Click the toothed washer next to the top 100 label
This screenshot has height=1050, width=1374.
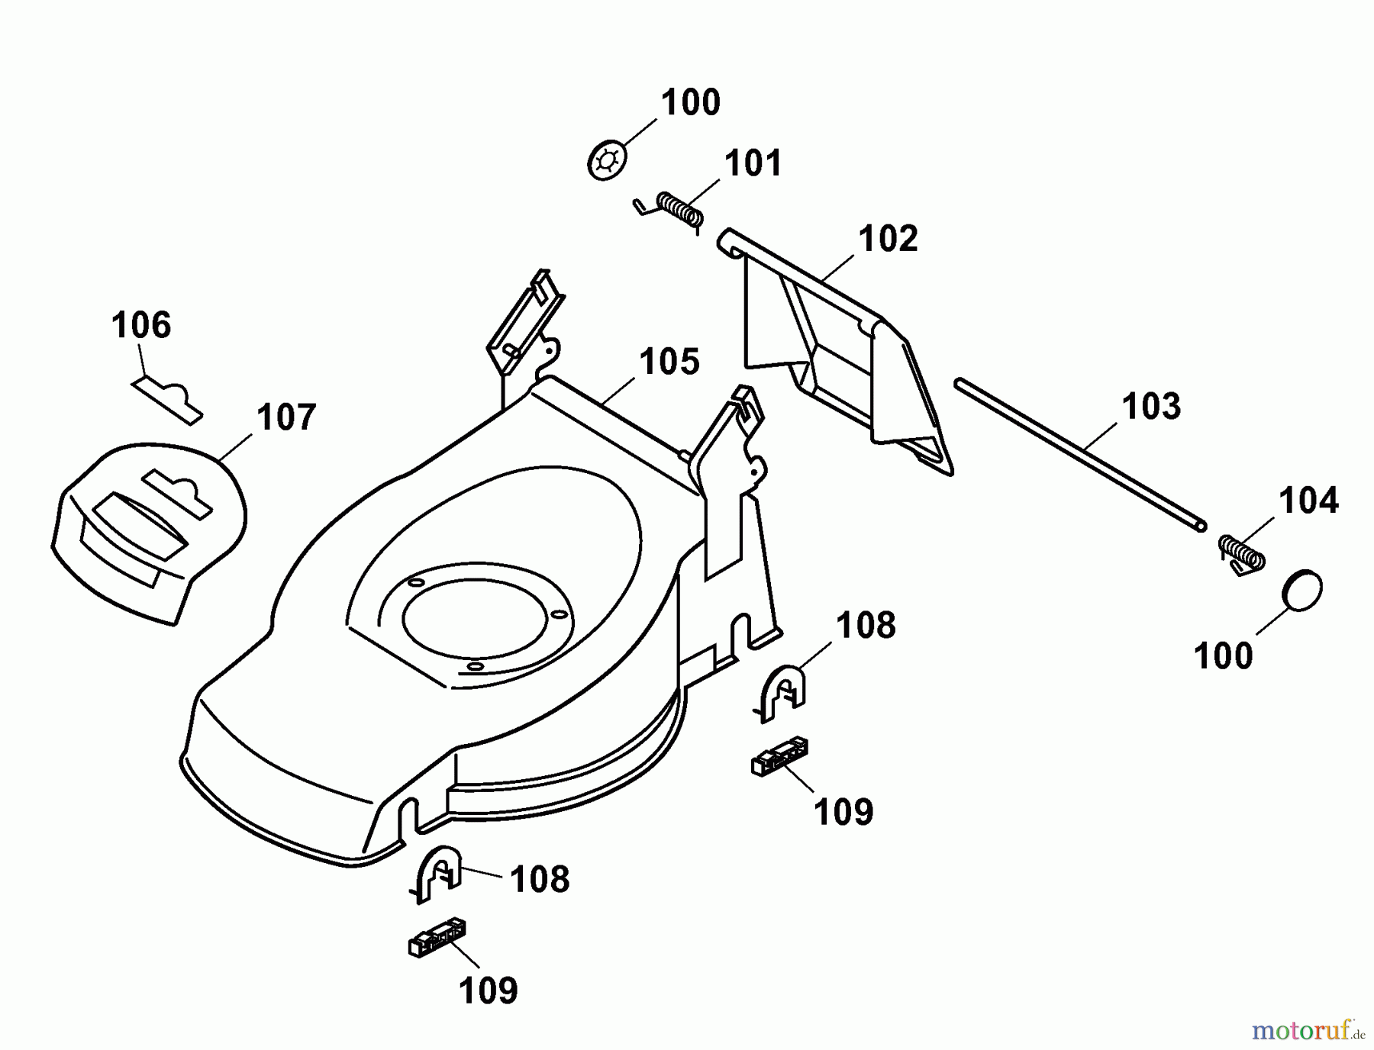[x=608, y=160]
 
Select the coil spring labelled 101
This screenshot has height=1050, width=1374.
[x=678, y=209]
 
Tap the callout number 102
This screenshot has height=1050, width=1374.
[x=888, y=239]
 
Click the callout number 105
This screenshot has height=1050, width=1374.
[x=669, y=361]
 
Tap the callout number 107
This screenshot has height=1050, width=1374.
[x=286, y=417]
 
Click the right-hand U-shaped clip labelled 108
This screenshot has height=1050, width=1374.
[x=784, y=691]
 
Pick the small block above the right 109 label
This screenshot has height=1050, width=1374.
[x=780, y=756]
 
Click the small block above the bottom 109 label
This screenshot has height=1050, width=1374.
[x=437, y=937]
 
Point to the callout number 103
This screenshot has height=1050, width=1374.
[x=1151, y=406]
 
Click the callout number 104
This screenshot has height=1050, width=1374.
[x=1308, y=501]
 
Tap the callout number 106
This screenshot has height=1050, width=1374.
[x=141, y=325]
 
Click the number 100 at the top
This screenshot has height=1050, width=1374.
[x=690, y=102]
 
